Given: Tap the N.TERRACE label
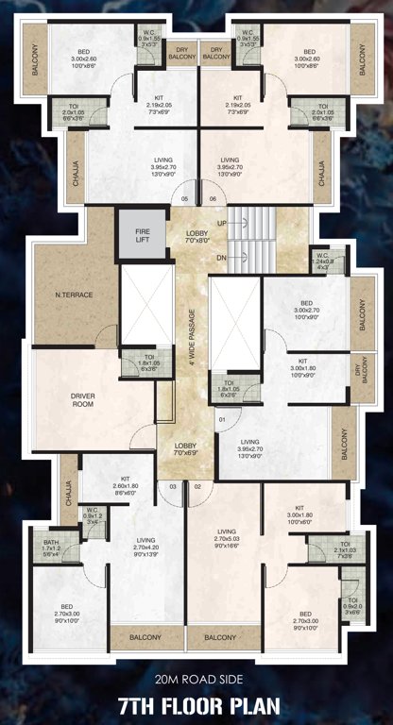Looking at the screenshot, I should pos(75,295).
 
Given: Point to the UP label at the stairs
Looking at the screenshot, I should pos(221,223).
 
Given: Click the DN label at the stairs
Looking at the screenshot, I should pos(221,257).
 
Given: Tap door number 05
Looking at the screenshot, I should pos(185,198).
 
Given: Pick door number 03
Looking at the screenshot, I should pos(174,486).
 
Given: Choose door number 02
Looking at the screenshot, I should pos(197,486).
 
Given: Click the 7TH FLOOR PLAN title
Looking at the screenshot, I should pos(196,706).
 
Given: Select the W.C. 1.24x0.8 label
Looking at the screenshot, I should pos(323,261).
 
